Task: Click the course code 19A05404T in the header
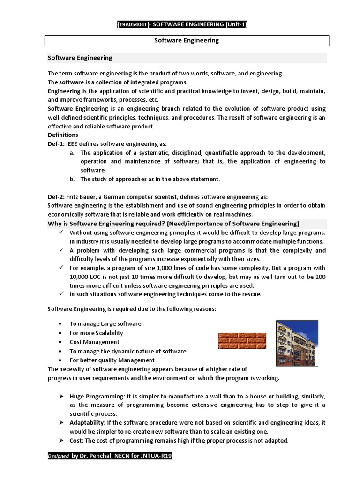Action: (x=133, y=24)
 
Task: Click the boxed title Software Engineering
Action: (x=187, y=40)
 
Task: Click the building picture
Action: (x=297, y=343)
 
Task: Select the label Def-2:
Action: (x=57, y=197)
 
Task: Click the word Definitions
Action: (x=63, y=135)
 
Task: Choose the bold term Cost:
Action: (x=76, y=441)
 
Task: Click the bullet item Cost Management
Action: (x=94, y=342)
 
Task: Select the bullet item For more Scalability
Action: (x=96, y=333)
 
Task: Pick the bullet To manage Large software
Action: (x=105, y=324)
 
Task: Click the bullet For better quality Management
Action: (x=112, y=360)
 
